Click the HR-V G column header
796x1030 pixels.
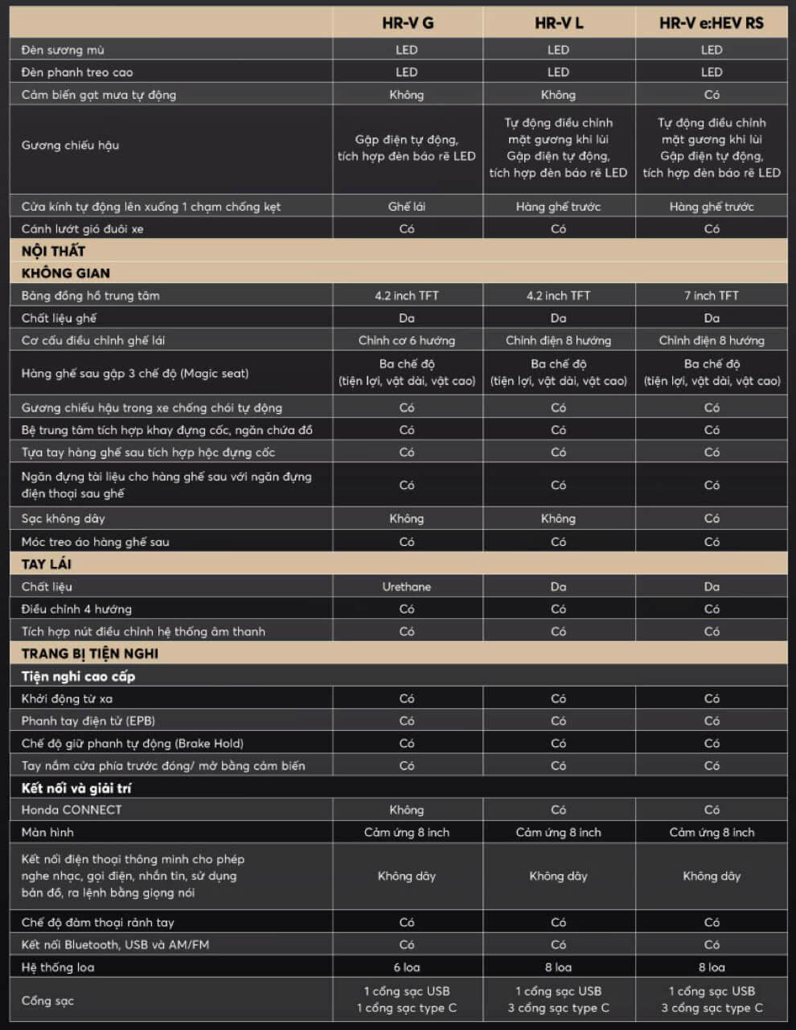tap(407, 23)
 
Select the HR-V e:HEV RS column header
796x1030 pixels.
tap(711, 23)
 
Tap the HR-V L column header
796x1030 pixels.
tap(559, 23)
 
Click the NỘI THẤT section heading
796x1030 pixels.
tap(53, 251)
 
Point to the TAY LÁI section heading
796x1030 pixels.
tap(46, 564)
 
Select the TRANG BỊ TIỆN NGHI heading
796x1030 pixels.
tap(89, 653)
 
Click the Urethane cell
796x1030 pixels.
tap(407, 586)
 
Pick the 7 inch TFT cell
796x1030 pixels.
tap(711, 295)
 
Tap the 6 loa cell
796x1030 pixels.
tap(407, 967)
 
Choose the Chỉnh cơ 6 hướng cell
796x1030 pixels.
tap(407, 340)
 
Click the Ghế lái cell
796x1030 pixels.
tap(407, 206)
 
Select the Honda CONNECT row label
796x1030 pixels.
tap(72, 810)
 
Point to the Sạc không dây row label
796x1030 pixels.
tap(63, 519)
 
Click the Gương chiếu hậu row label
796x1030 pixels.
tap(70, 146)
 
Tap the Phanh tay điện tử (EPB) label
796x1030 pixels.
tap(88, 720)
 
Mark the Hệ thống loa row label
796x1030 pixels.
tap(58, 967)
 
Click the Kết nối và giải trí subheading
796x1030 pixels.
tap(76, 788)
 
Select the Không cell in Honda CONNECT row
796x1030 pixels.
tap(407, 810)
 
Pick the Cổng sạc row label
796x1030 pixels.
tap(47, 1000)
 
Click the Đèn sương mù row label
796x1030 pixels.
tap(63, 50)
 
